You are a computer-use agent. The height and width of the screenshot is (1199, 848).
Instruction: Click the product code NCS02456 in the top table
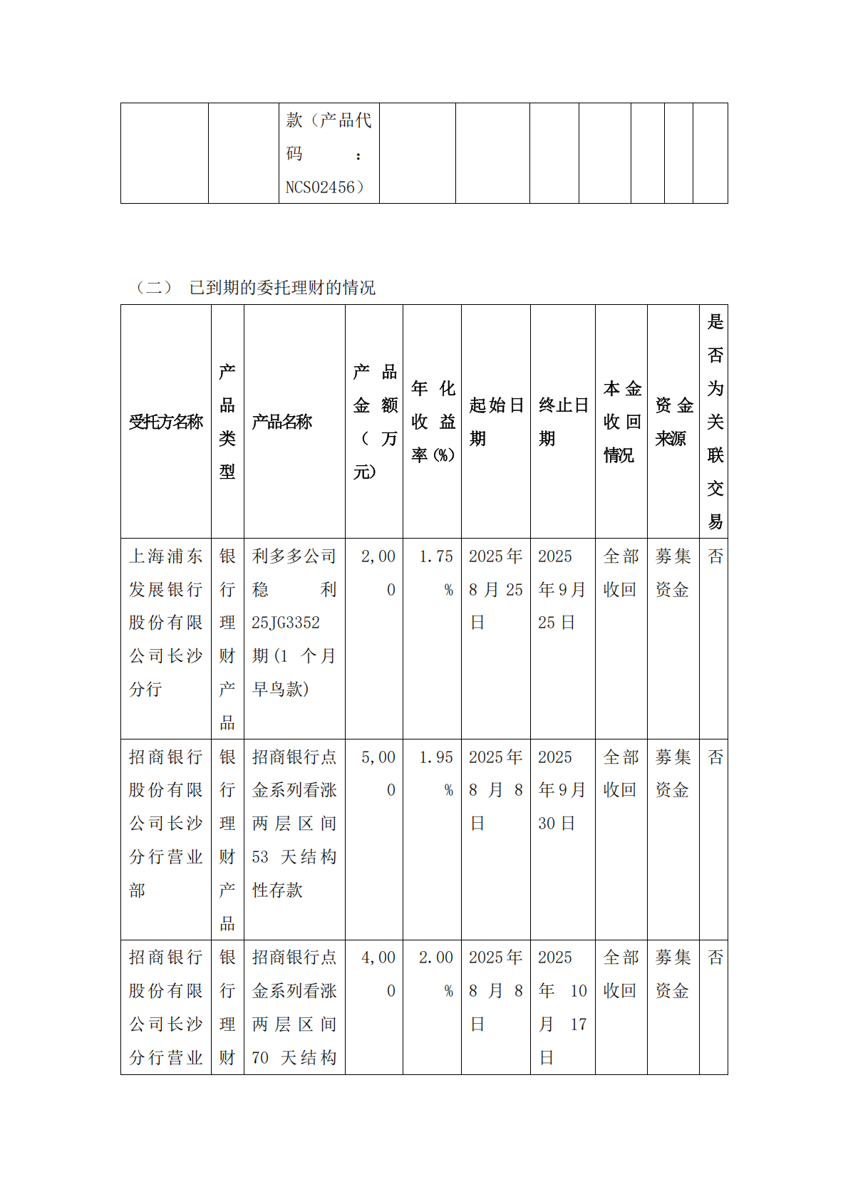pyautogui.click(x=324, y=187)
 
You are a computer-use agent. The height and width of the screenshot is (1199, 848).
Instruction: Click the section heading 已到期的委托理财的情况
pyautogui.click(x=282, y=288)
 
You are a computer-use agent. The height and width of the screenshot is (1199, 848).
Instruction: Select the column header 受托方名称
pyautogui.click(x=165, y=422)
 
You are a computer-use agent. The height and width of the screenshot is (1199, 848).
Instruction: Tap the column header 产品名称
pyautogui.click(x=282, y=422)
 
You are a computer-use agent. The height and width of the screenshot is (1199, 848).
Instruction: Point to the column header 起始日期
pyautogui.click(x=496, y=422)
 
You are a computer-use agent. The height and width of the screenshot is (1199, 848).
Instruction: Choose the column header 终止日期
pyautogui.click(x=563, y=422)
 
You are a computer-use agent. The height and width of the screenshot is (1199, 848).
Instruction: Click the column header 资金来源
pyautogui.click(x=673, y=422)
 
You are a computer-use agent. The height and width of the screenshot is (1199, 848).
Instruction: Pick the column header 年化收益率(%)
pyautogui.click(x=433, y=422)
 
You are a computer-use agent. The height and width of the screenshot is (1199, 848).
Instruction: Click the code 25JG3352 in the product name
pyautogui.click(x=286, y=623)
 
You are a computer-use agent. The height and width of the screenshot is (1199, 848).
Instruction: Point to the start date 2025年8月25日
pyautogui.click(x=496, y=589)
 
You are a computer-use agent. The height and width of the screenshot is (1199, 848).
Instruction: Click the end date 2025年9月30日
pyautogui.click(x=562, y=790)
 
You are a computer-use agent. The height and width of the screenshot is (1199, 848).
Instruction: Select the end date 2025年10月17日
pyautogui.click(x=562, y=1007)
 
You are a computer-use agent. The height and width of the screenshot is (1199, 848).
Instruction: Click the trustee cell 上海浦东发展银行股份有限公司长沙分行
pyautogui.click(x=165, y=623)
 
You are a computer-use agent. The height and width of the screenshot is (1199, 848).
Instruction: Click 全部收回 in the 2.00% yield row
pyautogui.click(x=621, y=974)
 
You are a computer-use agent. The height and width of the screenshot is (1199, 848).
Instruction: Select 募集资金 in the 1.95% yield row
pyautogui.click(x=673, y=773)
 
